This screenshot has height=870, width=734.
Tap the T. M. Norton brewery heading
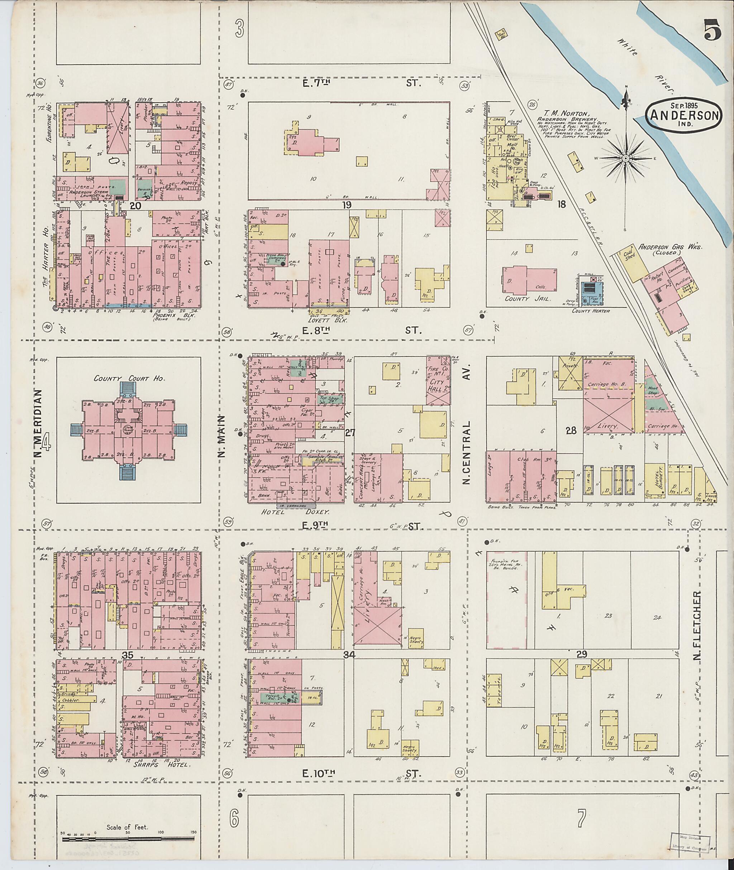point(567,114)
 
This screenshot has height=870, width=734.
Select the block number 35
point(127,655)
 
